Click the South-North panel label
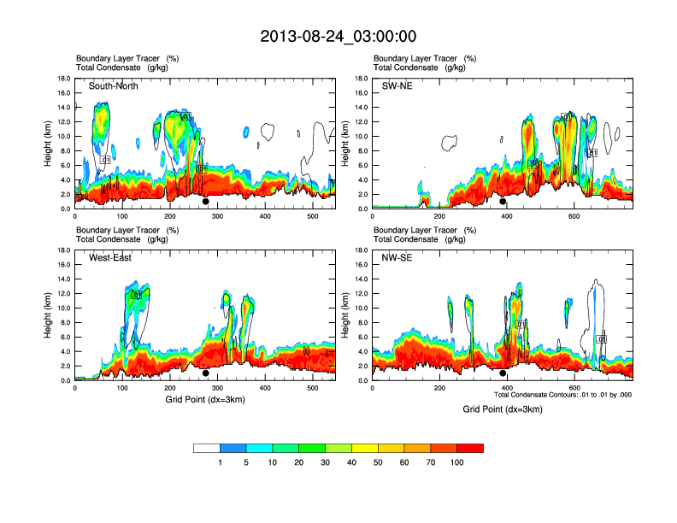coord(114,86)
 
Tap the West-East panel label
coord(110,258)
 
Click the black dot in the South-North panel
coord(205,202)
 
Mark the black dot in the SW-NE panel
coord(503,202)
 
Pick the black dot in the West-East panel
coord(205,373)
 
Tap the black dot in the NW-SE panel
coord(503,373)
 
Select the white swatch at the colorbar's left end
coord(207,448)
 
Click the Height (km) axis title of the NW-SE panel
coord(344,315)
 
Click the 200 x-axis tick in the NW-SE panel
coord(439,388)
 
